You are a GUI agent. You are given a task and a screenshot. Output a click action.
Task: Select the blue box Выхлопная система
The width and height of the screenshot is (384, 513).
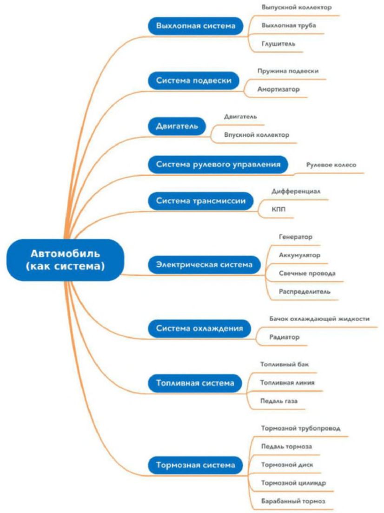196,26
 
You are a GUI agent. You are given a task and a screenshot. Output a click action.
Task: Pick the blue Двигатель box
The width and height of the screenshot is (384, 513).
177,126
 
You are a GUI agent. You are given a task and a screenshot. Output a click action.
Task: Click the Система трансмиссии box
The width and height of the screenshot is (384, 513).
203,201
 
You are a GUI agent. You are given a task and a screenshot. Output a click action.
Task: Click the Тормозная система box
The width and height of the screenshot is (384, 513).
195,464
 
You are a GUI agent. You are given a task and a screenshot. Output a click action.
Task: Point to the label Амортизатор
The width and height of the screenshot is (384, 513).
278,89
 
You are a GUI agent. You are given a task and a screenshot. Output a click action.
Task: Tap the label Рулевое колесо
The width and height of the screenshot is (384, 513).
331,164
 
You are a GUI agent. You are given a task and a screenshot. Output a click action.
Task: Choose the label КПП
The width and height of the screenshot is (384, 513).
278,209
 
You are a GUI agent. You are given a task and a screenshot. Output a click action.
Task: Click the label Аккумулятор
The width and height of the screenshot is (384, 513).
299,255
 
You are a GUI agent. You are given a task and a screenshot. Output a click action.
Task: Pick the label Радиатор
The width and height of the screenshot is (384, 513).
285,337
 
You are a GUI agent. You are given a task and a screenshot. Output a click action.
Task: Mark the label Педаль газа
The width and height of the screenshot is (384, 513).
279,401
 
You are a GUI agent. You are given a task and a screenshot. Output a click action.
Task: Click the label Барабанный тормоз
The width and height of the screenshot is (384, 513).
293,501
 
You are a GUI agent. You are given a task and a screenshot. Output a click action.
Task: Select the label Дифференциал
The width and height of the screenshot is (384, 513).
296,191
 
